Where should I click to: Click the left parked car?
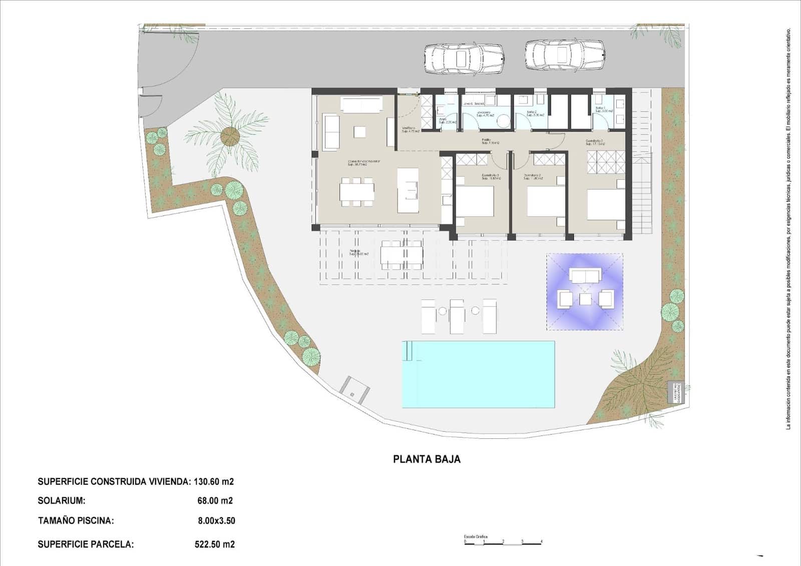464,59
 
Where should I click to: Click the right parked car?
565,54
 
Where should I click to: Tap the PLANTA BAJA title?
427,459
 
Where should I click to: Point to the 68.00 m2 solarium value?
215,500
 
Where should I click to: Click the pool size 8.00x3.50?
216,520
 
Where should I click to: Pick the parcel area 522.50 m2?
214,544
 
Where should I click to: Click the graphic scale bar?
503,543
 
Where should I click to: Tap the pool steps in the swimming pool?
410,351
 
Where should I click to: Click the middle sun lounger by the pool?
457,317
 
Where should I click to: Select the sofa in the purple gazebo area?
585,275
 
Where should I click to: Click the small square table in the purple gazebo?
585,300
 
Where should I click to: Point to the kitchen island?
408,190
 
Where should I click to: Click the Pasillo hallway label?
486,141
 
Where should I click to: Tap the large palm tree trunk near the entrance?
230,136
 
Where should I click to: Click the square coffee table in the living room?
359,132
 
